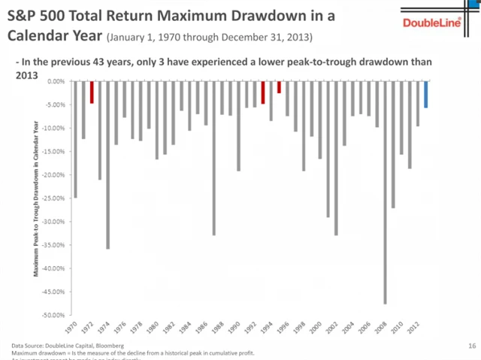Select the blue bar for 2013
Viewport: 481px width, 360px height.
coord(425,94)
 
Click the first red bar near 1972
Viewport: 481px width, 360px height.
coord(92,92)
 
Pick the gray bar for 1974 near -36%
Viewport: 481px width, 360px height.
coord(108,165)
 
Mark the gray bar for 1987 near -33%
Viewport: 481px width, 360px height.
coord(214,158)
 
